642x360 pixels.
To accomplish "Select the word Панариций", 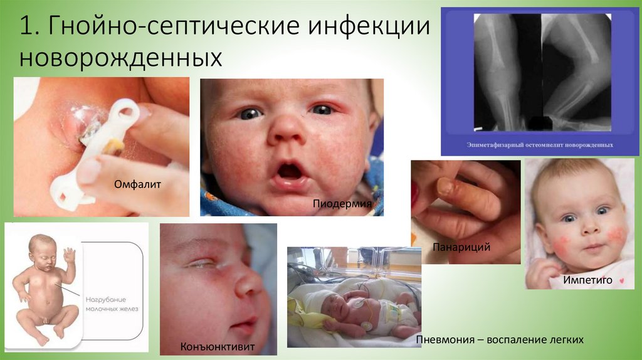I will pos(461,247).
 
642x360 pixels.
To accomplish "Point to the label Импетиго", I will pos(587,280).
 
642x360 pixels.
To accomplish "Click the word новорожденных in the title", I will pos(120,58).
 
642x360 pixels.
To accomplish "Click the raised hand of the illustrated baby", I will pos(69,254).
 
